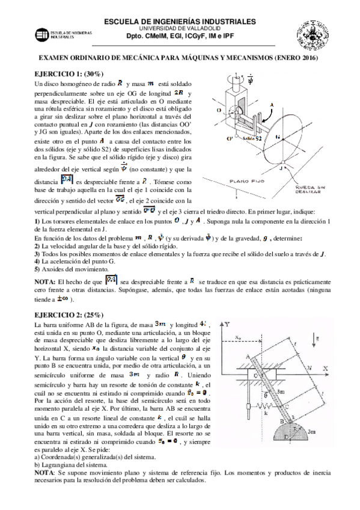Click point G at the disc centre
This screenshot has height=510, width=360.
277,137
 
